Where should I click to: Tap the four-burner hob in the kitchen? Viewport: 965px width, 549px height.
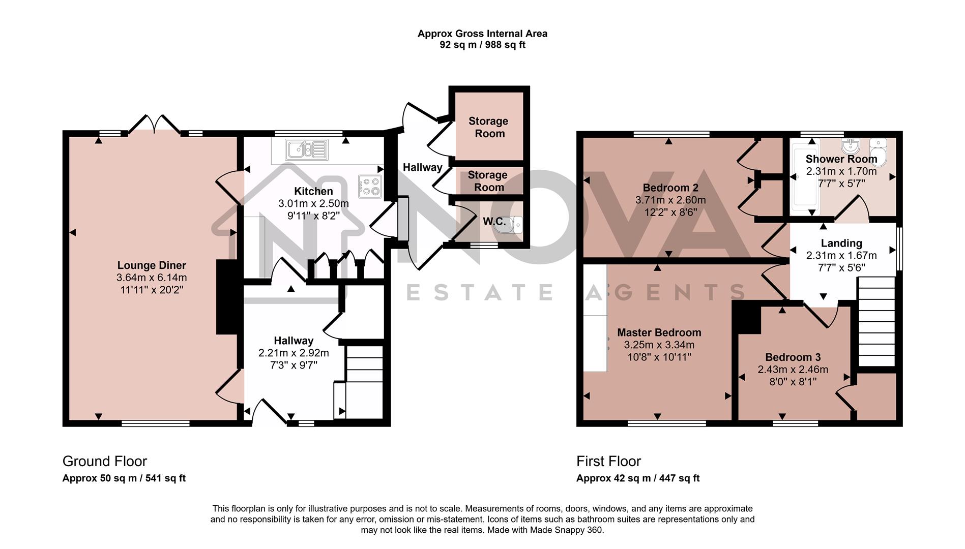click(370, 187)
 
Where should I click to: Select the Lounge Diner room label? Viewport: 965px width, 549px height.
click(152, 265)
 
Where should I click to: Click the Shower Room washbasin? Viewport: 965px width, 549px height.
click(850, 146)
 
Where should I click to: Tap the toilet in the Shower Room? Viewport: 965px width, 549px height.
click(878, 152)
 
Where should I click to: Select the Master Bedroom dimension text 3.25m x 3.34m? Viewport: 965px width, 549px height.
click(659, 345)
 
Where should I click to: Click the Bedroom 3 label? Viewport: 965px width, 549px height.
click(793, 357)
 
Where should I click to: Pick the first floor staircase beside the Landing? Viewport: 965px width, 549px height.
click(876, 321)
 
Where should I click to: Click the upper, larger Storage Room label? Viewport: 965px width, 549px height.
click(488, 127)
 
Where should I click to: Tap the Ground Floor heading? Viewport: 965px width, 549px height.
click(104, 461)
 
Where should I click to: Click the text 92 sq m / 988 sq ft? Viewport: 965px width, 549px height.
click(482, 45)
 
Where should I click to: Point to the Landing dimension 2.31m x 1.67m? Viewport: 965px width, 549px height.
click(841, 256)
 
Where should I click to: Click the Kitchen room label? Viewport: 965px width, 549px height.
click(313, 191)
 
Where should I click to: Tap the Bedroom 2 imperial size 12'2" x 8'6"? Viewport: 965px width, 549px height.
click(670, 212)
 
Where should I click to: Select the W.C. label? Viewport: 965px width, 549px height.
click(494, 222)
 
